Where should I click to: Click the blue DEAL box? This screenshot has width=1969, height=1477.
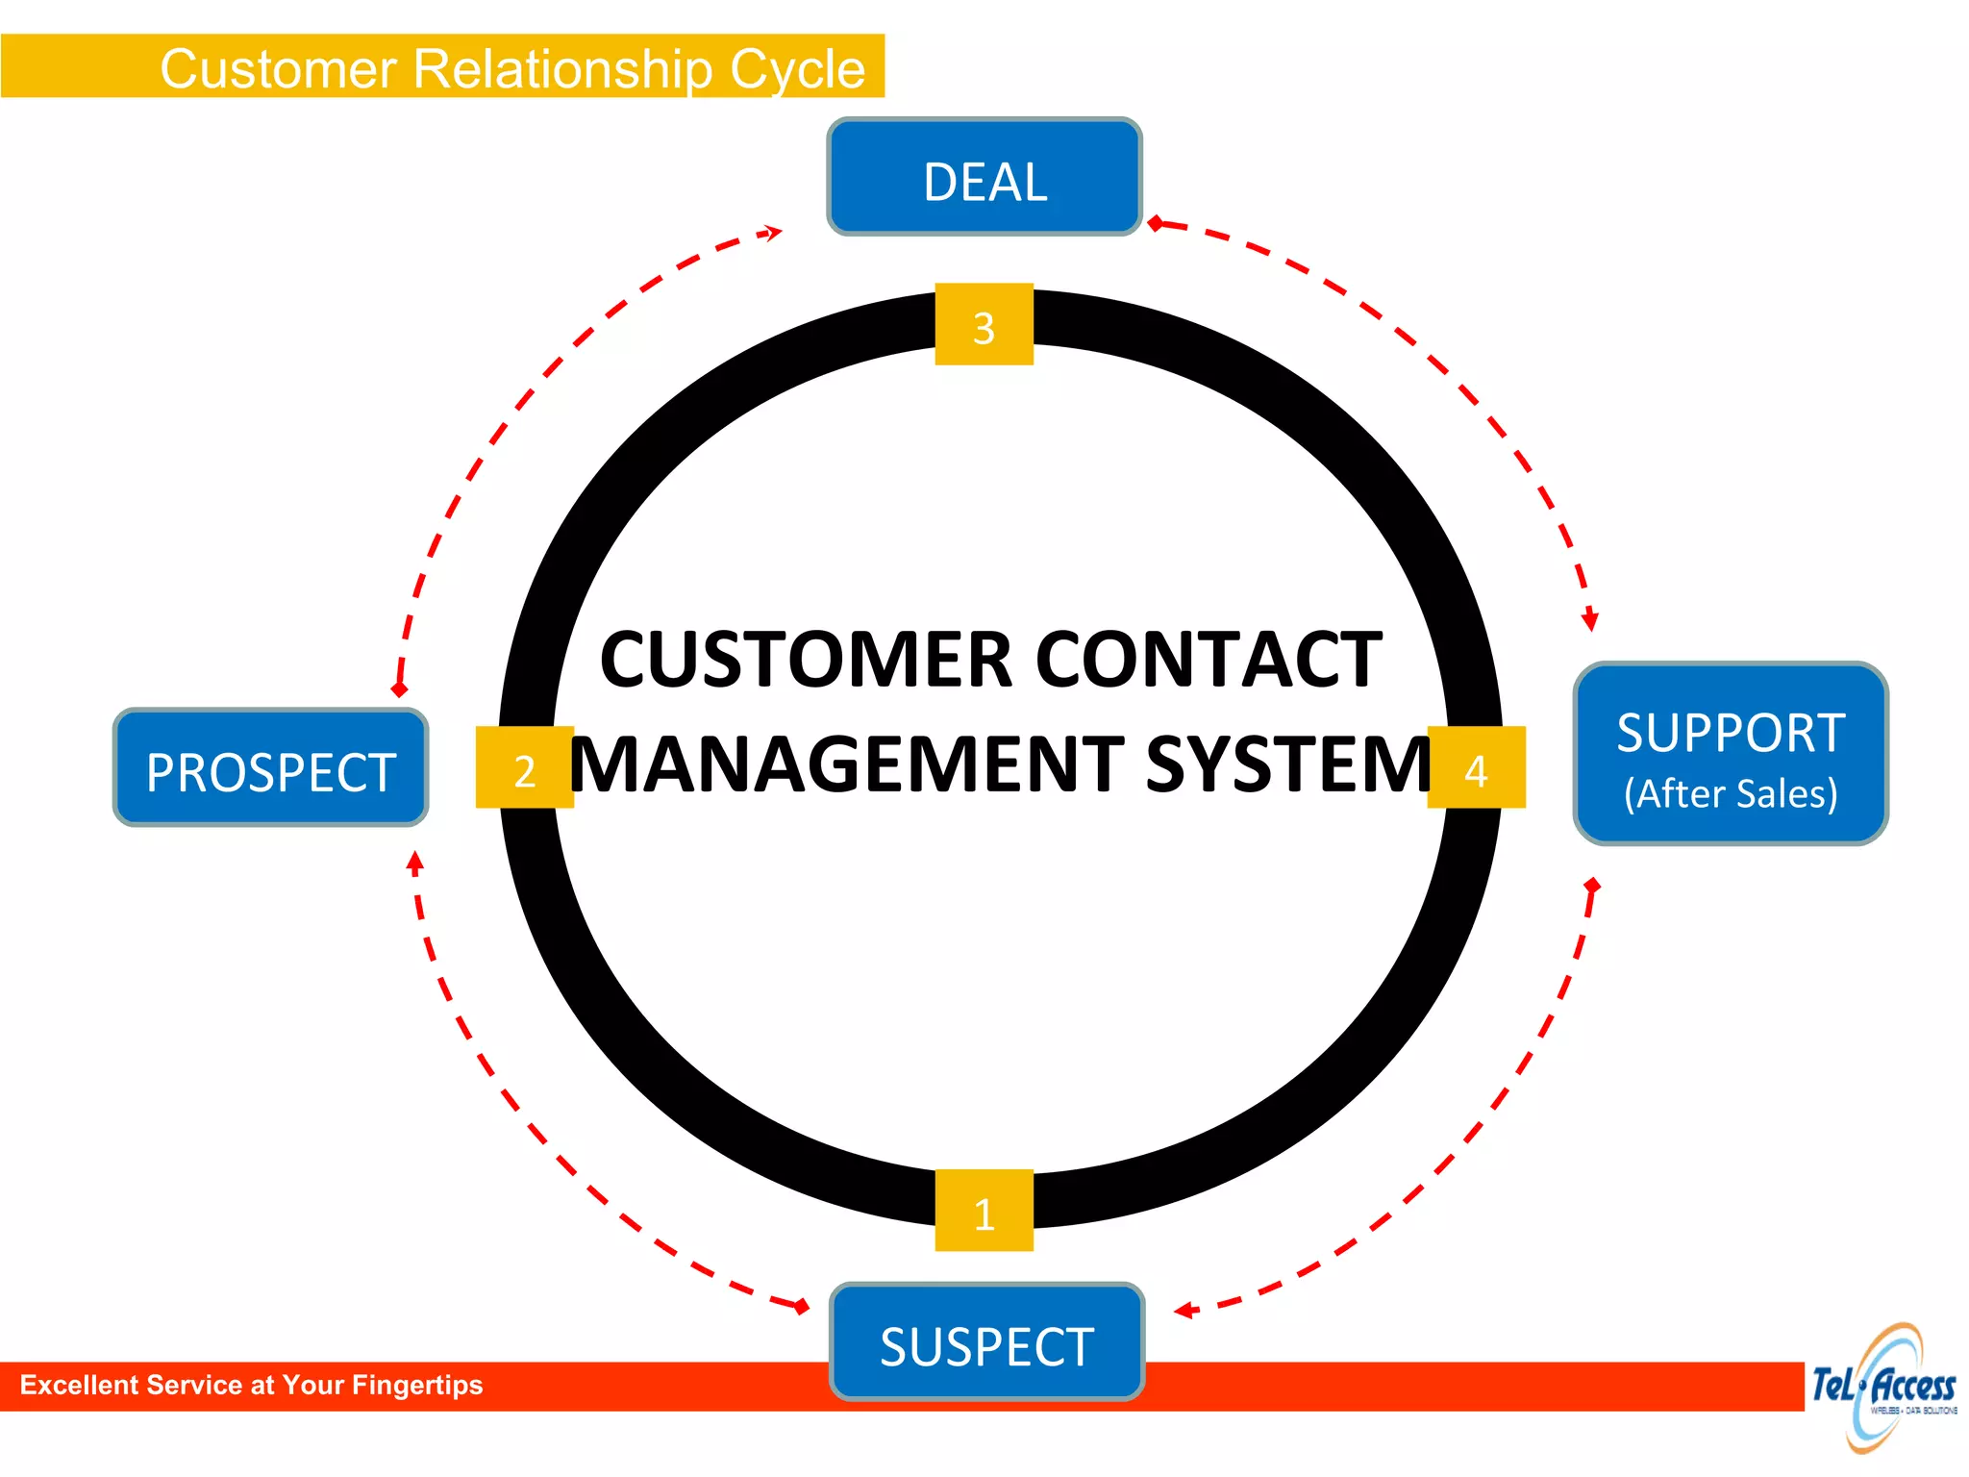click(x=984, y=178)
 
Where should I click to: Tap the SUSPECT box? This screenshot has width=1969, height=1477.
click(x=987, y=1342)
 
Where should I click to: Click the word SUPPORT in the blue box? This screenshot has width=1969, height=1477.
click(x=1731, y=733)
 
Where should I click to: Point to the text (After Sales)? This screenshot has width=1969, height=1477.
click(x=1731, y=794)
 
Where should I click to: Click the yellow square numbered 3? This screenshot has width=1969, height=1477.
click(x=984, y=325)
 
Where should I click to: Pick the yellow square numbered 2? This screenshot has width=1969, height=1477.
click(x=524, y=768)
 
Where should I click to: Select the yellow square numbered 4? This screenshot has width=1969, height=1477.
click(x=1476, y=768)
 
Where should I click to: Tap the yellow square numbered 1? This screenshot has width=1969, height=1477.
click(x=984, y=1211)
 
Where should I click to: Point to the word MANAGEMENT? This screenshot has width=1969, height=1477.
click(x=846, y=765)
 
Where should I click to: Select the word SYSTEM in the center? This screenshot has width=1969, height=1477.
click(x=1288, y=765)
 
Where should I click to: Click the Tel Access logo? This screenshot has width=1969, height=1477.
click(x=1883, y=1387)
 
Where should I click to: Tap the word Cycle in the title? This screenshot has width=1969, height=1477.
click(x=797, y=69)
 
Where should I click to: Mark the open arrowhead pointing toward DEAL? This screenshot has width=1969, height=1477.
click(x=772, y=232)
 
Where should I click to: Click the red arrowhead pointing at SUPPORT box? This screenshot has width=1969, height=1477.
click(x=1589, y=619)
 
